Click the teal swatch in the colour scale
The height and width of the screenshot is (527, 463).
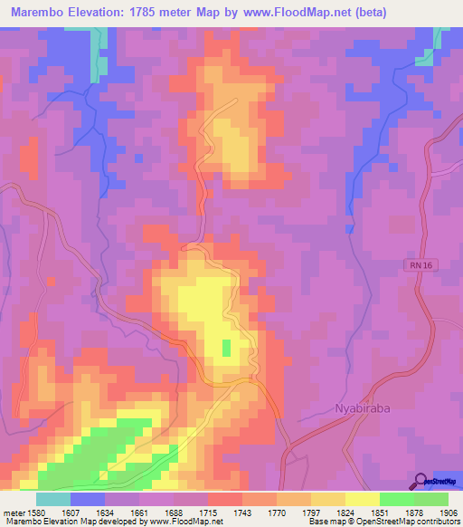click(x=52, y=499)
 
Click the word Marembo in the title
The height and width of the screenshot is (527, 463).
click(x=41, y=13)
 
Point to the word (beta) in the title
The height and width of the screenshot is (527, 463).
click(x=433, y=13)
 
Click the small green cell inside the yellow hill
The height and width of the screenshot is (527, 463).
click(x=225, y=347)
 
